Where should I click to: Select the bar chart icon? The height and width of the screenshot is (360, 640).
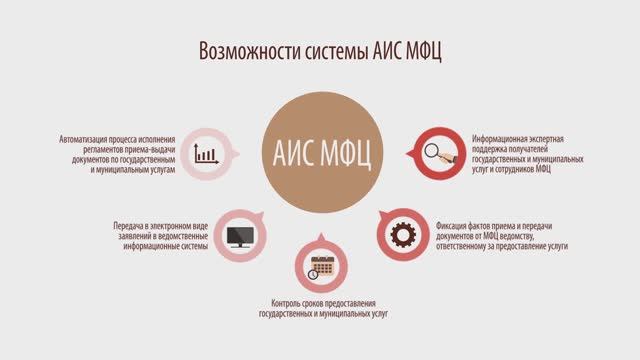coord(207,153)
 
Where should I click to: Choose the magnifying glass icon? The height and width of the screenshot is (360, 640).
coord(438,153)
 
